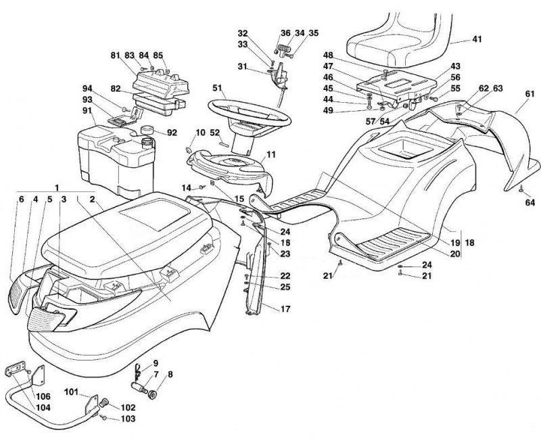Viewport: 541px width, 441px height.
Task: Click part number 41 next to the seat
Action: coord(477,39)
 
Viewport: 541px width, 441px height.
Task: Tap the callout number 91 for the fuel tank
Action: coord(89,111)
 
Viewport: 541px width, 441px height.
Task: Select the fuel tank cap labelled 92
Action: coord(147,130)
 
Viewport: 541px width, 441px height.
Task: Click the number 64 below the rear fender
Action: coord(530,202)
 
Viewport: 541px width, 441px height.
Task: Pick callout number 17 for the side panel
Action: coord(285,309)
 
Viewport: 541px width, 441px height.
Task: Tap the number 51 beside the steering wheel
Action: coord(216,88)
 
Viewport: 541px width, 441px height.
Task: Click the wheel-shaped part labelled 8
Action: coord(152,394)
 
